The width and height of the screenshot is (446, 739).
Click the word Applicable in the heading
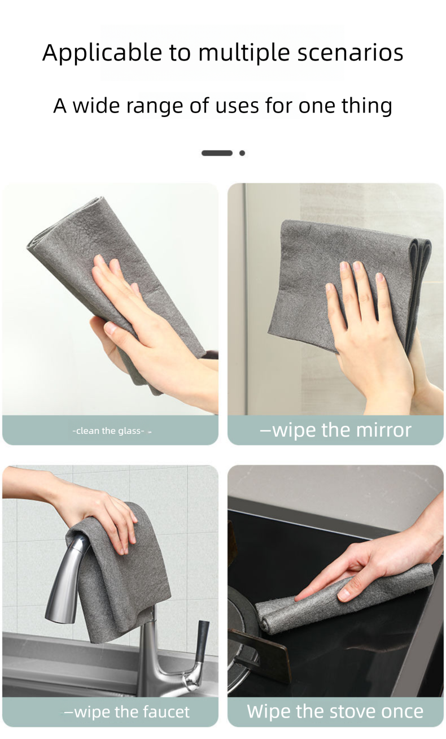(102, 53)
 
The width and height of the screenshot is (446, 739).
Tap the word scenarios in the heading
(350, 53)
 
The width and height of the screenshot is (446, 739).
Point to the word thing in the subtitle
(366, 106)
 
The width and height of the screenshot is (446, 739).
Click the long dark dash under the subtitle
(217, 153)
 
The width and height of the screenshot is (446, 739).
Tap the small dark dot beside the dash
(242, 153)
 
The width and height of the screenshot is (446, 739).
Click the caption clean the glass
(109, 431)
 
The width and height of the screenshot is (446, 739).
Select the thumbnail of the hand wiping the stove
(335, 581)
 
